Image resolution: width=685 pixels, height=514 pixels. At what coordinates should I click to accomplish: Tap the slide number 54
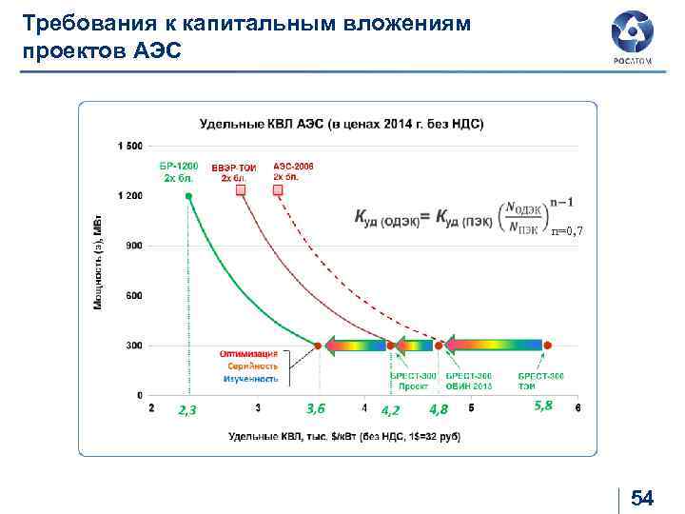(x=643, y=498)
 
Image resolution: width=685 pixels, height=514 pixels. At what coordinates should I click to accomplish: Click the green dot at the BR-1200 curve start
(x=188, y=196)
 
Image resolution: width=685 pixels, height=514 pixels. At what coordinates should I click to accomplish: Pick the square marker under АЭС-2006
(x=278, y=190)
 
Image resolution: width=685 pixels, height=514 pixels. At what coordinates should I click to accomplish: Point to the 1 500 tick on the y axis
(x=129, y=146)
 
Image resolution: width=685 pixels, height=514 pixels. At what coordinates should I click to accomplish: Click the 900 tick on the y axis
(x=133, y=246)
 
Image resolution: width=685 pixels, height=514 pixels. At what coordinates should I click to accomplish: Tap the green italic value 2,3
(x=186, y=410)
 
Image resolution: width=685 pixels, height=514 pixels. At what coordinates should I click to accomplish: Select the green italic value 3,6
(x=316, y=408)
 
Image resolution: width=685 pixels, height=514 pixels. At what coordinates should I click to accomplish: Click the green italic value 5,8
(x=543, y=405)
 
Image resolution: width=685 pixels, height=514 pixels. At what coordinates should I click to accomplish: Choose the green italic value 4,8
(x=439, y=410)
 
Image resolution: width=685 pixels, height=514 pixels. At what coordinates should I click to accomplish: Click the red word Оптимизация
(x=249, y=354)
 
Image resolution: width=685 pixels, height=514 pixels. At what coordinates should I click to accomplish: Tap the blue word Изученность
(x=250, y=379)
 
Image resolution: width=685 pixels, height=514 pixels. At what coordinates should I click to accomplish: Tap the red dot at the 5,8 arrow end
(x=548, y=345)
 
